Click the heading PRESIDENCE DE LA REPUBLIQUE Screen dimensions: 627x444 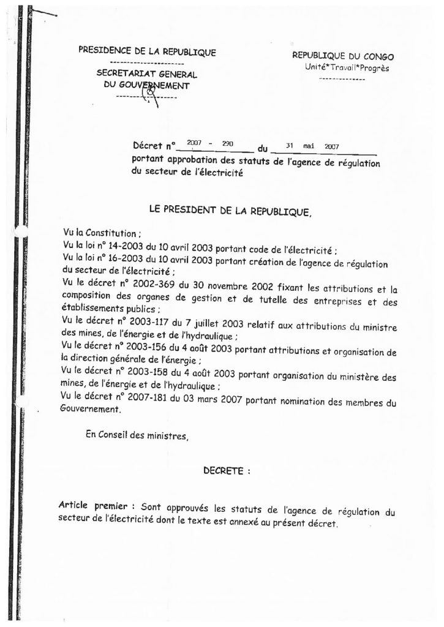pos(147,52)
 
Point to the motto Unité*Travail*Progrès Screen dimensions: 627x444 pos(346,69)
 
